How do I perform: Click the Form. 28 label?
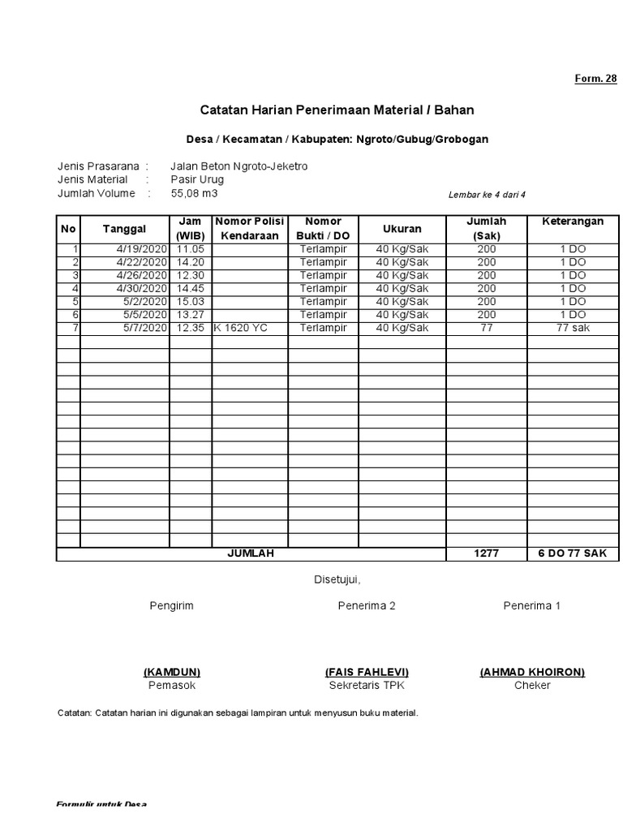596,79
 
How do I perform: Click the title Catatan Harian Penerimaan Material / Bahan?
337,110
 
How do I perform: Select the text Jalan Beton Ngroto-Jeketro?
239,166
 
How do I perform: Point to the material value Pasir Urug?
197,179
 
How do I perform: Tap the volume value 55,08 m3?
195,193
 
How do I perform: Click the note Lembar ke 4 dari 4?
488,195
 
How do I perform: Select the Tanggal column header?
124,229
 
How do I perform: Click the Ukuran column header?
402,229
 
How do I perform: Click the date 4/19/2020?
141,249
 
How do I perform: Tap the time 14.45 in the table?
190,288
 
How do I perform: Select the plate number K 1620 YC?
241,328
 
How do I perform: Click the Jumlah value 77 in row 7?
486,328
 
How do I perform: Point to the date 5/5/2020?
145,315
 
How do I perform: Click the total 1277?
486,553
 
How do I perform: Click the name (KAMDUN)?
172,672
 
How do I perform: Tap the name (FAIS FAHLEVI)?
367,672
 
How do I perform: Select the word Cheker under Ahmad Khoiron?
532,686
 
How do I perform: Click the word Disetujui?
337,579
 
